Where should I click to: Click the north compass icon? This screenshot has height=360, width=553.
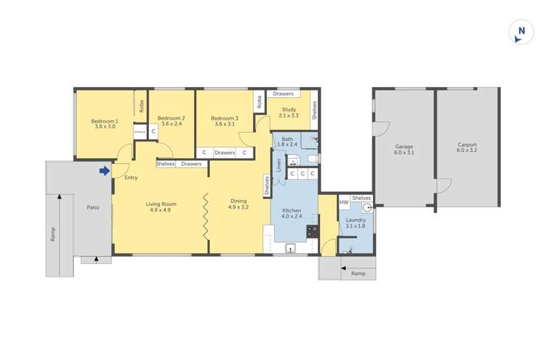(x=521, y=32)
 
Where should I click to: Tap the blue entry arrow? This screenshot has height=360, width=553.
(x=105, y=171)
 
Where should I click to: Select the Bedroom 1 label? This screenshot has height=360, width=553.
(x=105, y=121)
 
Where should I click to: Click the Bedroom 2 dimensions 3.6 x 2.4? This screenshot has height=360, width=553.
(x=171, y=124)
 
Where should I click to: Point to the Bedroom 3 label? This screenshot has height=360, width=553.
(x=224, y=118)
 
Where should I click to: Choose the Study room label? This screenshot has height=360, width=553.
(x=289, y=110)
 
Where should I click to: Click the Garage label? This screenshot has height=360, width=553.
(x=404, y=146)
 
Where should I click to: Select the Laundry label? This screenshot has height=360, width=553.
(x=355, y=220)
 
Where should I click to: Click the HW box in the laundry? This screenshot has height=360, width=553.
(x=344, y=201)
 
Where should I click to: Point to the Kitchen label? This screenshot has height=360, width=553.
(x=292, y=210)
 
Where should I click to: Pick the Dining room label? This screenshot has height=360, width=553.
(x=238, y=201)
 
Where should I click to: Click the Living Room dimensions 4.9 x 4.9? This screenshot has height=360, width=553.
(x=160, y=210)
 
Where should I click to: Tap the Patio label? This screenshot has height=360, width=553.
(x=93, y=207)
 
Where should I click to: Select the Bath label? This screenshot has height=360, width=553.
(x=287, y=139)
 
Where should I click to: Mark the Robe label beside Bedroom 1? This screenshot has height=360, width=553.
(x=141, y=105)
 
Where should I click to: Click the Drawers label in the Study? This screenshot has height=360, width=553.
(x=283, y=94)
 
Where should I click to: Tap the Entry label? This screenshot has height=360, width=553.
(x=131, y=178)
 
